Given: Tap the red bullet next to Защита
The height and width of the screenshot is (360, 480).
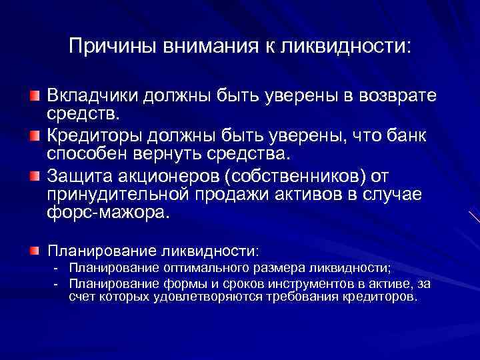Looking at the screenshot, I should tap(34, 177).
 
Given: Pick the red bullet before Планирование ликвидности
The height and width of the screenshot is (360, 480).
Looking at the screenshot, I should tap(34, 251).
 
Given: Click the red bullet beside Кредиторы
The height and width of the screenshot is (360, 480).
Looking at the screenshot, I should tap(34, 137).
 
